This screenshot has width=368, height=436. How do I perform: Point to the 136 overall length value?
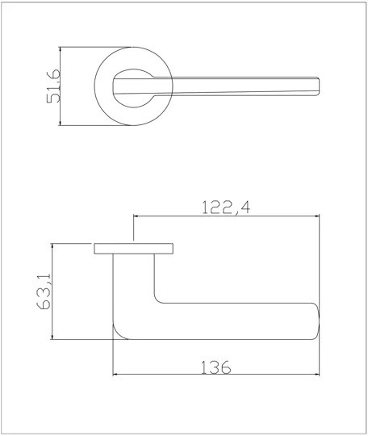tap(214, 367)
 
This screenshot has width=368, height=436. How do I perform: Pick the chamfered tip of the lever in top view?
tap(321, 86)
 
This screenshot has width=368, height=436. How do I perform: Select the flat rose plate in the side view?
tap(134, 248)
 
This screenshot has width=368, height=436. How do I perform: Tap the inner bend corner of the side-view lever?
tap(158, 300)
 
